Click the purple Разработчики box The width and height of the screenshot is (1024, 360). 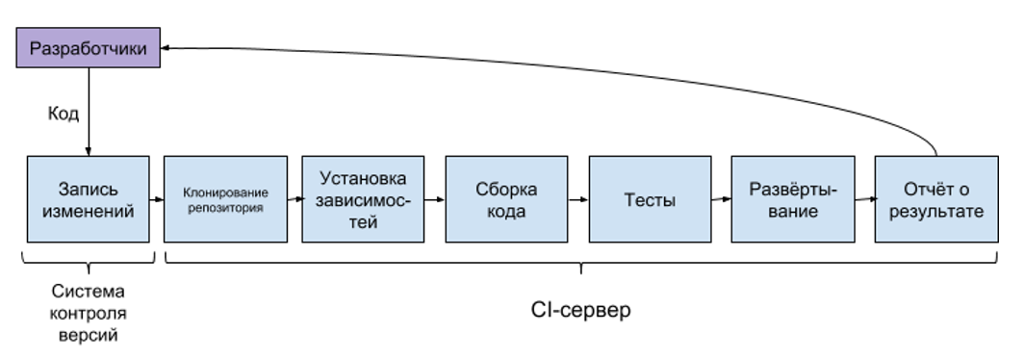pyautogui.click(x=89, y=48)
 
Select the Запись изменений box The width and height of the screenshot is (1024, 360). pyautogui.click(x=88, y=199)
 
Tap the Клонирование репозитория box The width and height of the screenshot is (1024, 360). pyautogui.click(x=225, y=199)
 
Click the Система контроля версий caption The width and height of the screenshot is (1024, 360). pyautogui.click(x=88, y=314)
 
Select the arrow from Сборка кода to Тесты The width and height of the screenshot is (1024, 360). pyautogui.click(x=578, y=199)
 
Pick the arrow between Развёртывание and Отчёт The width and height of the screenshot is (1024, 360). pyautogui.click(x=864, y=199)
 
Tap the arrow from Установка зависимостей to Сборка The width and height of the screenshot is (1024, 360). pyautogui.click(x=436, y=199)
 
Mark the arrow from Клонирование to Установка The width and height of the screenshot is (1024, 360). pyautogui.click(x=294, y=199)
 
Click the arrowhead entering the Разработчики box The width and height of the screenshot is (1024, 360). pyautogui.click(x=165, y=48)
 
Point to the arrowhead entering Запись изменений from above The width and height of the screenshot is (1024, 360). pyautogui.click(x=88, y=150)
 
